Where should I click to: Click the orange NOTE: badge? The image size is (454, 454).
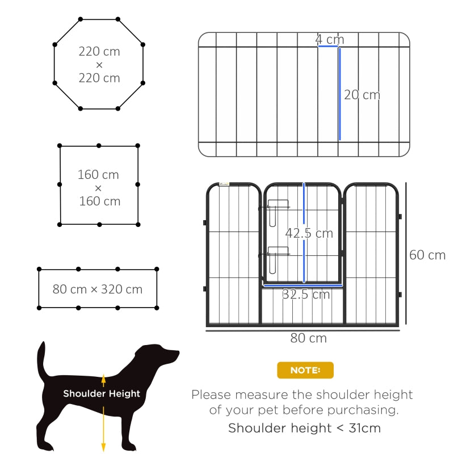(x=305, y=370)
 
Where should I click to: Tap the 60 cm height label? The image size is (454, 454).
(x=427, y=255)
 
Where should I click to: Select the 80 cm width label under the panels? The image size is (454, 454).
(x=309, y=338)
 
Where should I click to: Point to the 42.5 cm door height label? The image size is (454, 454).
(x=309, y=233)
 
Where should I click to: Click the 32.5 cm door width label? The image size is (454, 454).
(x=306, y=295)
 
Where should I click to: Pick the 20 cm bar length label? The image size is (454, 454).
(x=362, y=95)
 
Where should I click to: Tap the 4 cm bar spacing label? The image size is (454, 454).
(x=330, y=40)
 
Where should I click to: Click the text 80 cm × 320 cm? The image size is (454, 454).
(x=98, y=289)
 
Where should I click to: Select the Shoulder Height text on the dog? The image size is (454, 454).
(x=102, y=393)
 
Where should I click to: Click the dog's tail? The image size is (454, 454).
(x=41, y=360)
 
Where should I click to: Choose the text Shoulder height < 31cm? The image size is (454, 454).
(x=304, y=428)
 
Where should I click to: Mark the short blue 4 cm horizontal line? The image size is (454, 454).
(x=329, y=47)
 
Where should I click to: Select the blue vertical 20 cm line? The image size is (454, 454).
(x=339, y=94)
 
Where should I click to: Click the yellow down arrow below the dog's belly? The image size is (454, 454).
(x=103, y=431)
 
